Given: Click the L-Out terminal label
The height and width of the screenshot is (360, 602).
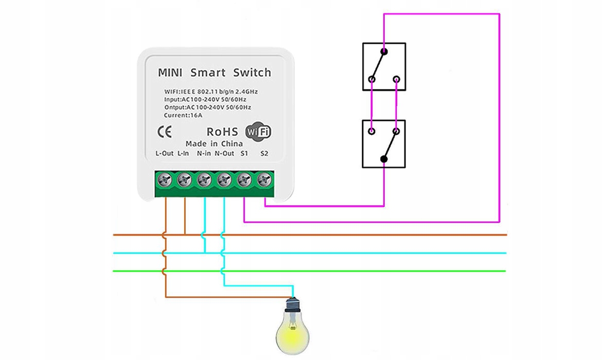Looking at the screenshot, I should click(x=165, y=153).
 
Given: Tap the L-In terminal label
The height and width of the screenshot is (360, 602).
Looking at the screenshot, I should click(x=183, y=153).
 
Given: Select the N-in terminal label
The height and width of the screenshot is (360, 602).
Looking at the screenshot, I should click(x=204, y=153).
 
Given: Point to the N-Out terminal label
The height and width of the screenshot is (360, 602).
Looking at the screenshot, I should click(x=224, y=153).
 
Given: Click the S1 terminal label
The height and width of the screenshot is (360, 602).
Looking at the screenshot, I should click(x=244, y=153).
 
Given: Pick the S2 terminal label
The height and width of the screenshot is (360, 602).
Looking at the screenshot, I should click(x=264, y=153).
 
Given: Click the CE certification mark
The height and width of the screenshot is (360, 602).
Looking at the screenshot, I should click(x=164, y=131).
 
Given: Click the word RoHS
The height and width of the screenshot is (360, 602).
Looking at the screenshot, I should click(x=222, y=132).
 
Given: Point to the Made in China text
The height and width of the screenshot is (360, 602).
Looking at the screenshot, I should click(x=214, y=143).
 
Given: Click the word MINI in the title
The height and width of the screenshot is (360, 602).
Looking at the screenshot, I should click(x=170, y=73).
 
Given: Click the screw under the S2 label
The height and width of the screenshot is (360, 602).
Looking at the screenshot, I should click(x=264, y=180).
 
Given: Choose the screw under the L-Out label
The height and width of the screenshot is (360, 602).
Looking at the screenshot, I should click(x=165, y=180).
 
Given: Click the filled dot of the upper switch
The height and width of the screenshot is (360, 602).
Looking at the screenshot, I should click(x=384, y=51).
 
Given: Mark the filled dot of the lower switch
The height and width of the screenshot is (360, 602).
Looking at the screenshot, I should click(x=384, y=159).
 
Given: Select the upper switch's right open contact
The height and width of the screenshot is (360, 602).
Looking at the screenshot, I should click(x=396, y=79).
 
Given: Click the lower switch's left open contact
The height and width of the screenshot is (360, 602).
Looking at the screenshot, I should click(x=371, y=132).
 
